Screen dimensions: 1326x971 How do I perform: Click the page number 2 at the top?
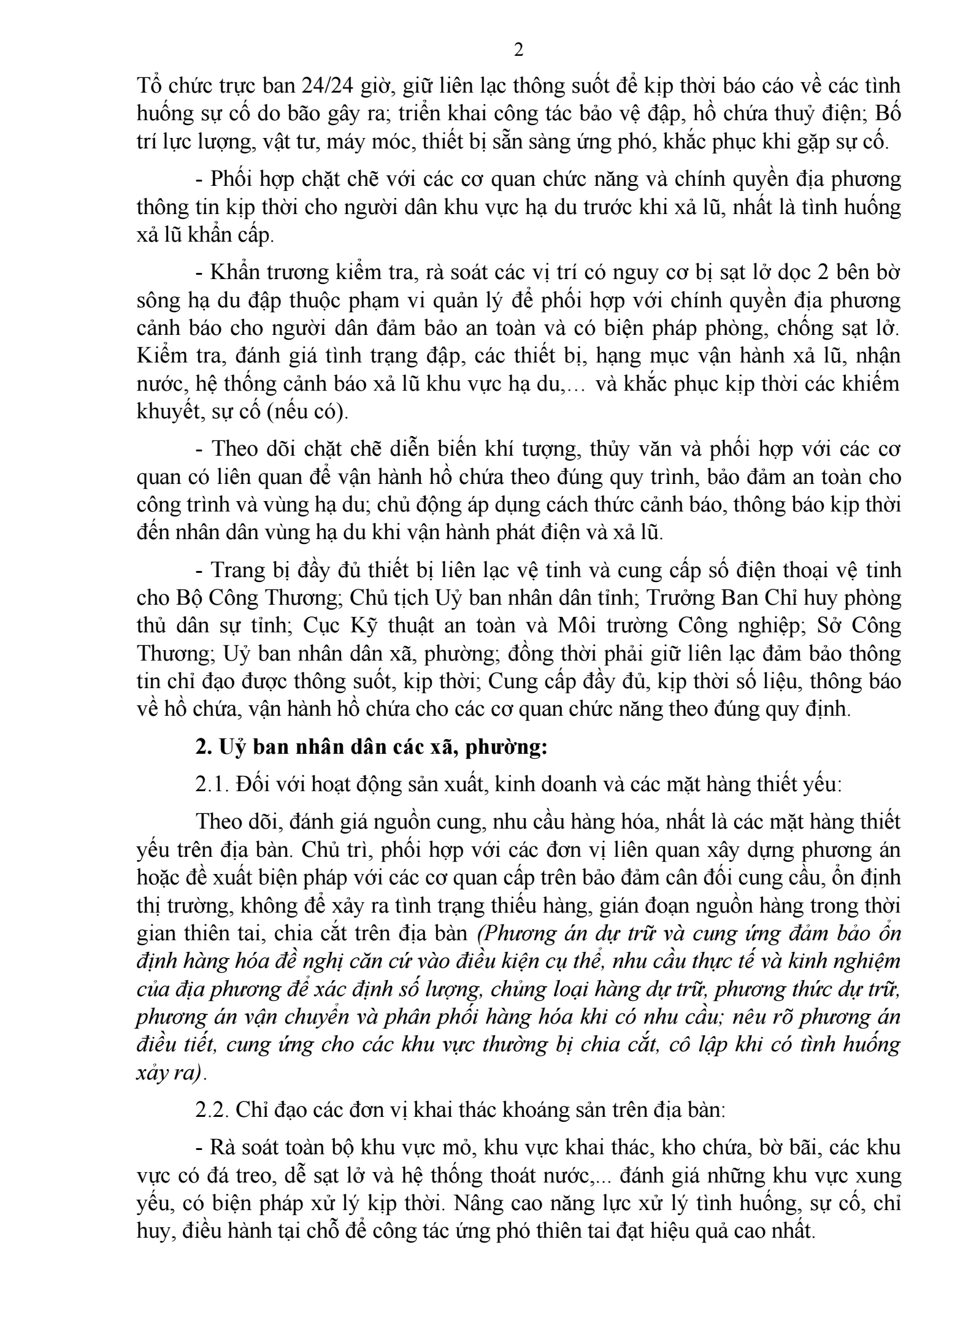point(518,50)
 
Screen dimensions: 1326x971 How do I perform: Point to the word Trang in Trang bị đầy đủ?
point(236,570)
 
